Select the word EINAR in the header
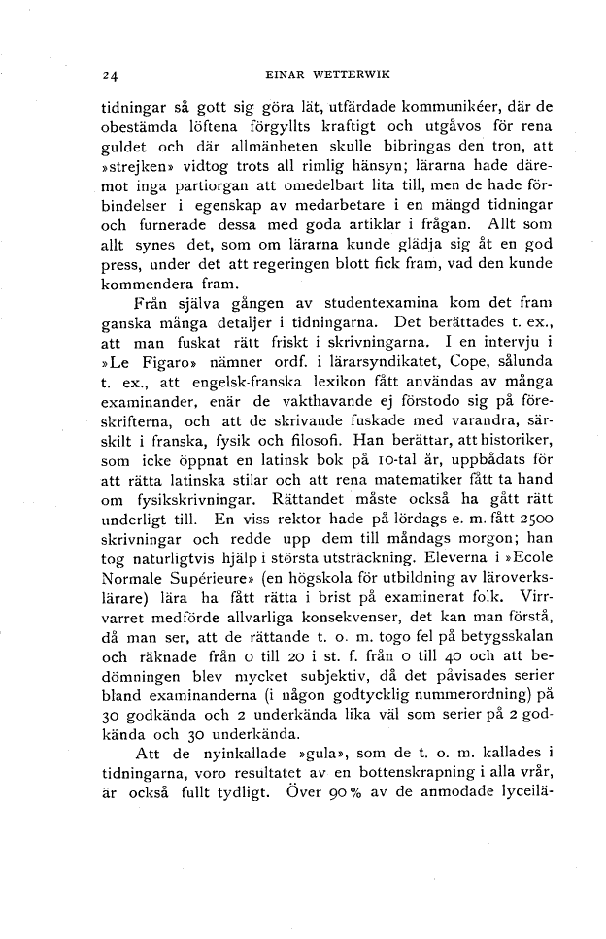click(283, 74)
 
